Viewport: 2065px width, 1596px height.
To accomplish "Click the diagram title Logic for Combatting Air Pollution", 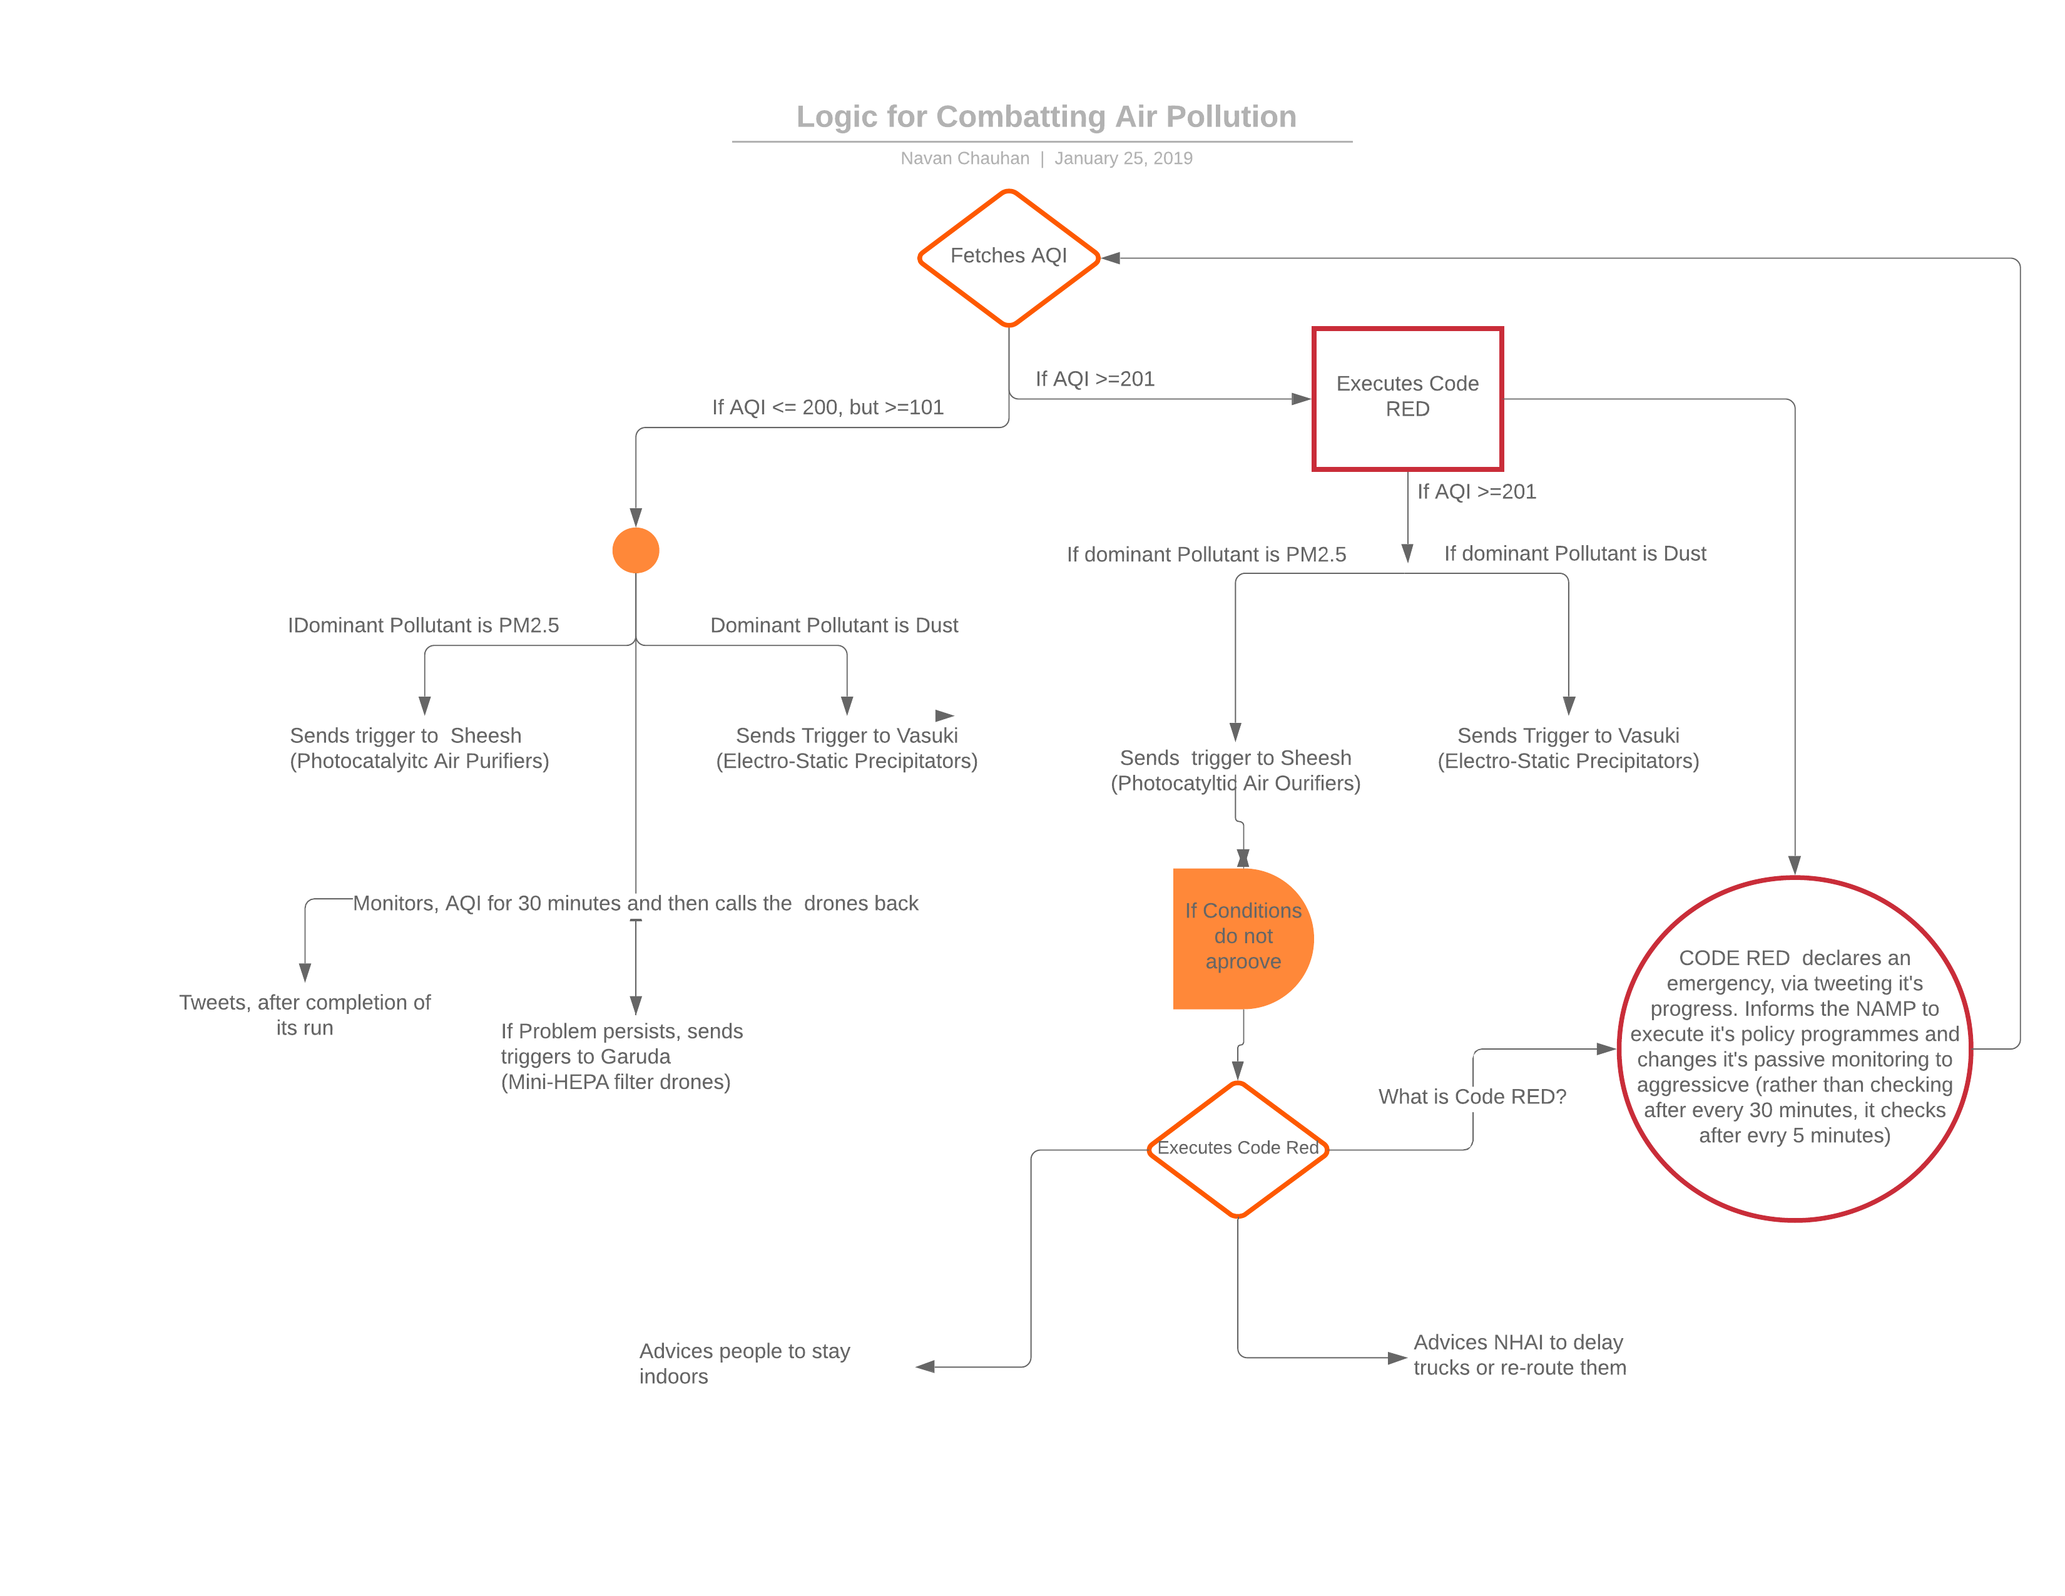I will tap(1046, 116).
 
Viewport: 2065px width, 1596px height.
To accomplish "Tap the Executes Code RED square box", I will tap(1407, 398).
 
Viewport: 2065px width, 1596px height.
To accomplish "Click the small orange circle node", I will tap(635, 550).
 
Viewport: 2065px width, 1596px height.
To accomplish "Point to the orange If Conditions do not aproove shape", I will tap(1242, 937).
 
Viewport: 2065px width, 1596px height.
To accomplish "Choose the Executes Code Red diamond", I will tap(1238, 1148).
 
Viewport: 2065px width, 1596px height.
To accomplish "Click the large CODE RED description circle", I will tap(1793, 1048).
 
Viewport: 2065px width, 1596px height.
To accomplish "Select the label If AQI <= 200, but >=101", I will tap(827, 407).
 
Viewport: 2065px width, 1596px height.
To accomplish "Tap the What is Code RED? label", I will tap(1471, 1097).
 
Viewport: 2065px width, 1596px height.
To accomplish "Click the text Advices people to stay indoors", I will tap(744, 1363).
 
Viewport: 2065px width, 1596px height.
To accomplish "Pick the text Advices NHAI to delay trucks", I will tap(1519, 1355).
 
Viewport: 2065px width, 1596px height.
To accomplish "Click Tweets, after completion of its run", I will tap(305, 1015).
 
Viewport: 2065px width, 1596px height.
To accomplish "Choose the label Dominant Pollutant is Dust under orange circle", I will tap(834, 626).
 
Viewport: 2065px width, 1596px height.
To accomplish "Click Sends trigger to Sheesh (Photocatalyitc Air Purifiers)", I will tap(419, 748).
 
